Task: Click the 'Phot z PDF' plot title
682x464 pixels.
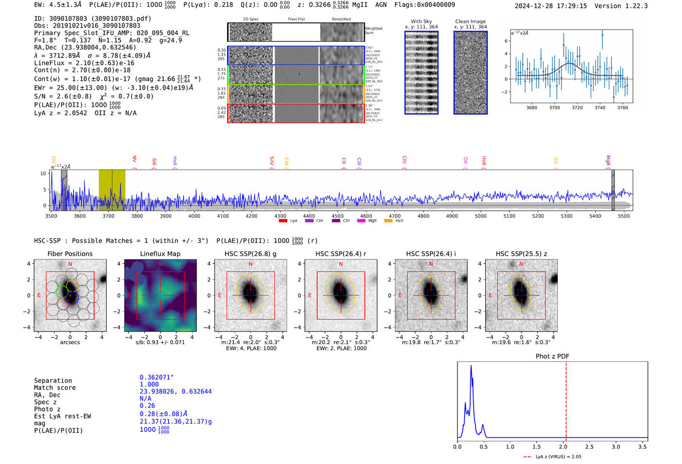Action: [x=552, y=356]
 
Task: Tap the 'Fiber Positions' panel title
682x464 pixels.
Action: [x=70, y=254]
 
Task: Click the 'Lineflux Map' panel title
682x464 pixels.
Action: [x=160, y=254]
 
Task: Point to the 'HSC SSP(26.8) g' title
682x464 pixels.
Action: [x=250, y=254]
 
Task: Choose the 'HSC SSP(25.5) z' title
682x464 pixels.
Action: [x=521, y=254]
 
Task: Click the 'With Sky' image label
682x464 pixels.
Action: [x=421, y=21]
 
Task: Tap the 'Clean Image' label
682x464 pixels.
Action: [x=470, y=21]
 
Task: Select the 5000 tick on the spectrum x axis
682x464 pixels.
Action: [x=480, y=216]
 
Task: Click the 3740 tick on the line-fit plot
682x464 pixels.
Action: [x=600, y=108]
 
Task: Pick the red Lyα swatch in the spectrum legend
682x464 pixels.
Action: [x=283, y=221]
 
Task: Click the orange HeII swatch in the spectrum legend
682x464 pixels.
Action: [x=388, y=221]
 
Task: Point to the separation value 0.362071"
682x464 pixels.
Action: [x=157, y=377]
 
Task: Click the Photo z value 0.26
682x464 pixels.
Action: [x=147, y=406]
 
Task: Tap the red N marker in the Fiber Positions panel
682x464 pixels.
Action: [x=70, y=264]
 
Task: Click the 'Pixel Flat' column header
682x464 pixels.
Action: [x=296, y=19]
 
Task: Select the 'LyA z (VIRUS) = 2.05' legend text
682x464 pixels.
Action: [x=558, y=457]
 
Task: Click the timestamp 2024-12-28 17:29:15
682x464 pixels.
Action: [x=550, y=6]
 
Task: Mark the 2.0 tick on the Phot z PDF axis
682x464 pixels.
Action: [x=563, y=446]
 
